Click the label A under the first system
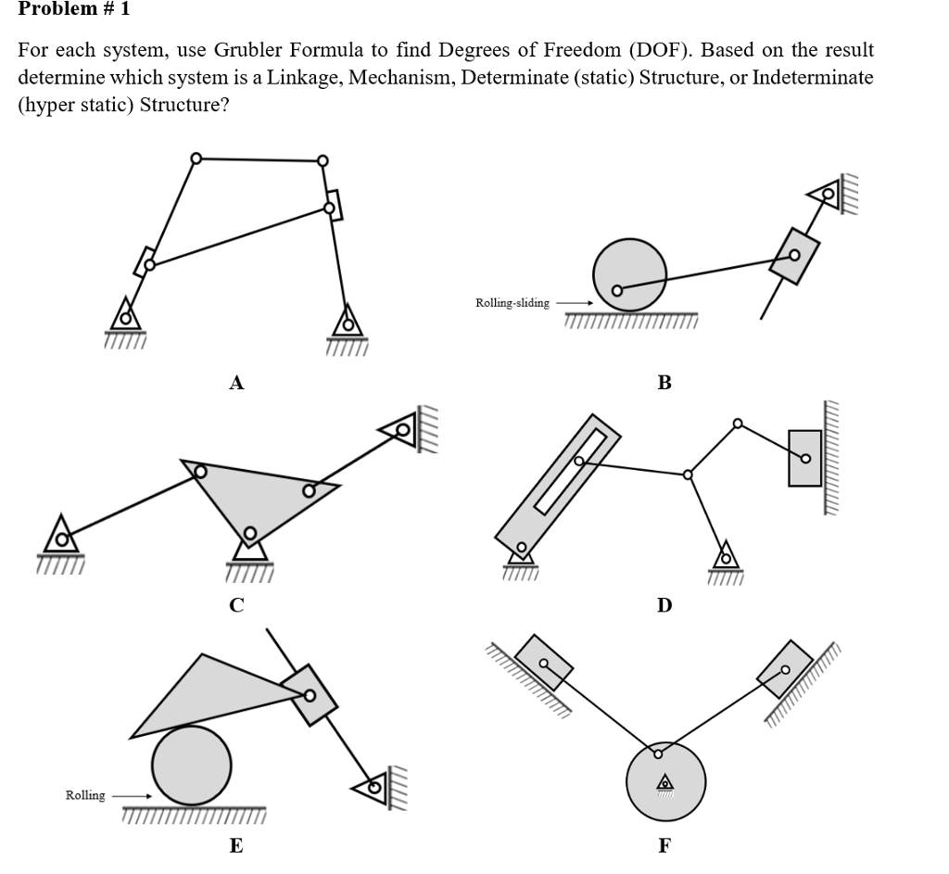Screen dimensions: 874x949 [x=236, y=382]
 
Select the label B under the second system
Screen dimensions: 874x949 [x=664, y=382]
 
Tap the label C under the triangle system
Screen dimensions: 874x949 [x=236, y=605]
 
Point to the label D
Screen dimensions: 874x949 [x=664, y=605]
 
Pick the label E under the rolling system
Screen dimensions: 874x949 [x=236, y=845]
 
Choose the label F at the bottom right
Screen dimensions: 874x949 [x=664, y=845]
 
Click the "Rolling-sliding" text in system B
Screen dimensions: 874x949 [x=512, y=303]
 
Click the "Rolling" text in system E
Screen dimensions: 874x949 [x=84, y=795]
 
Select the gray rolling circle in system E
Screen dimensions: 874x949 [x=192, y=765]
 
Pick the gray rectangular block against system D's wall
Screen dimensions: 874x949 [x=804, y=457]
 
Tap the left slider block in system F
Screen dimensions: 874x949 [x=544, y=663]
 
